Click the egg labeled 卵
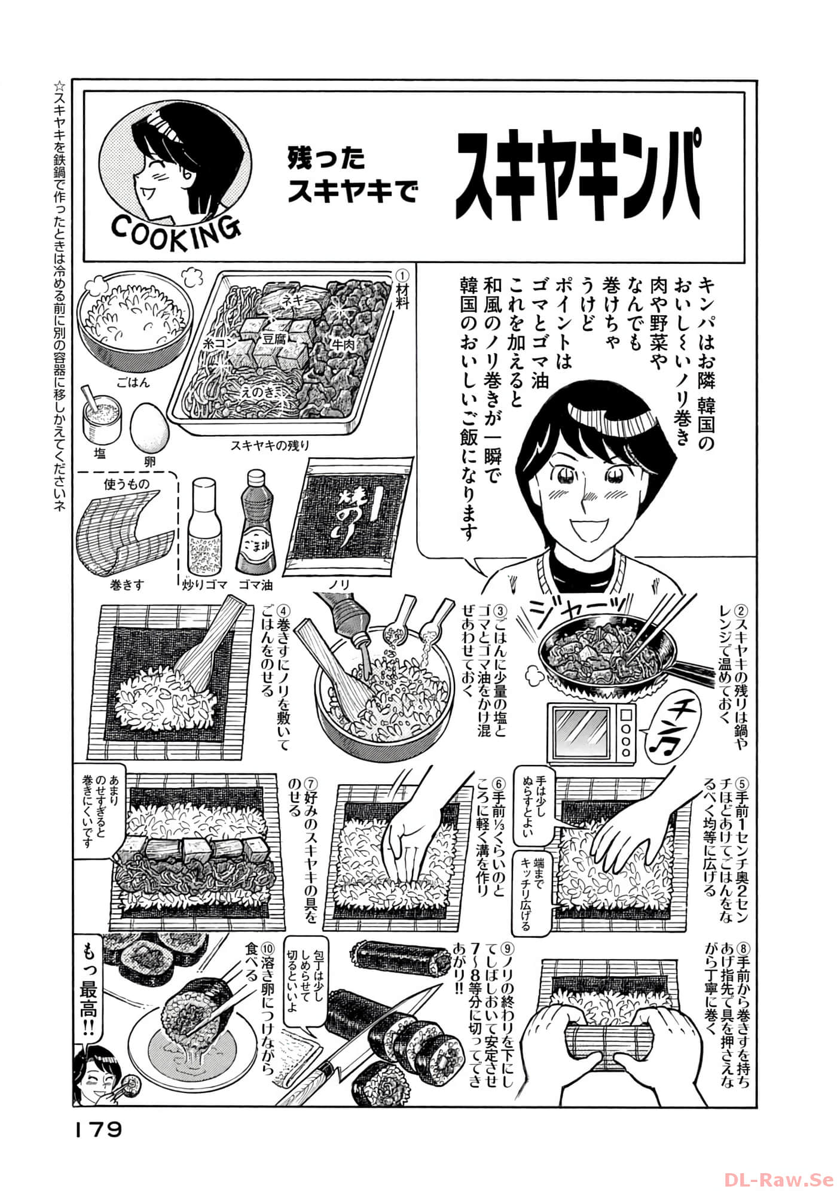click(x=149, y=428)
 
